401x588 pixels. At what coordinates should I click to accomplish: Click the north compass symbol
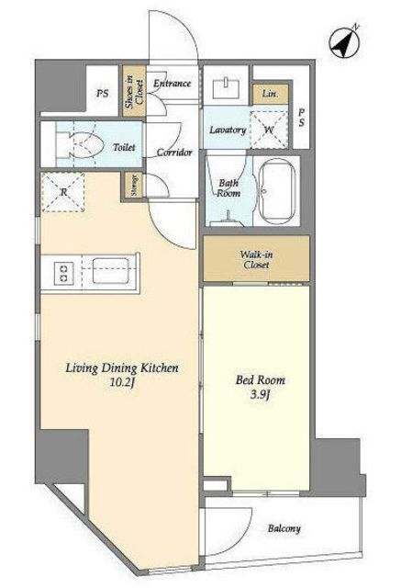tap(344, 42)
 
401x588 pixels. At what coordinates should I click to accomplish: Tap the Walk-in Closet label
tap(257, 259)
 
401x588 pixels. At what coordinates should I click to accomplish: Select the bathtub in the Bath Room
tap(277, 191)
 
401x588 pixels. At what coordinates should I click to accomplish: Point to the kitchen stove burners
tap(63, 273)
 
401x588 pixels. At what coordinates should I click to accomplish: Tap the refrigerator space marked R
tap(62, 192)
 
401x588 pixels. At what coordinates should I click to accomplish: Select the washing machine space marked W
tap(269, 130)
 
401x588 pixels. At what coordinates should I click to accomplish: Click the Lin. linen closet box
tap(271, 94)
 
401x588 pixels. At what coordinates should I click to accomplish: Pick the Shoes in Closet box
tap(134, 91)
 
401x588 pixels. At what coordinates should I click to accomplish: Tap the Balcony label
tap(284, 529)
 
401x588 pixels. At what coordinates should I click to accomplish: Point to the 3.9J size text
tap(260, 395)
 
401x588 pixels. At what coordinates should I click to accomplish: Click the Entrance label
tap(173, 84)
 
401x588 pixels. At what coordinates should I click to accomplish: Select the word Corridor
tap(174, 153)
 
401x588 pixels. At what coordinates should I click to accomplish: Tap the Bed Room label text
tap(261, 379)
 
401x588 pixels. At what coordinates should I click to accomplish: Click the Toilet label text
tap(124, 147)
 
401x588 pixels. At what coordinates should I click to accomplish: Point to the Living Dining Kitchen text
tap(122, 368)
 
